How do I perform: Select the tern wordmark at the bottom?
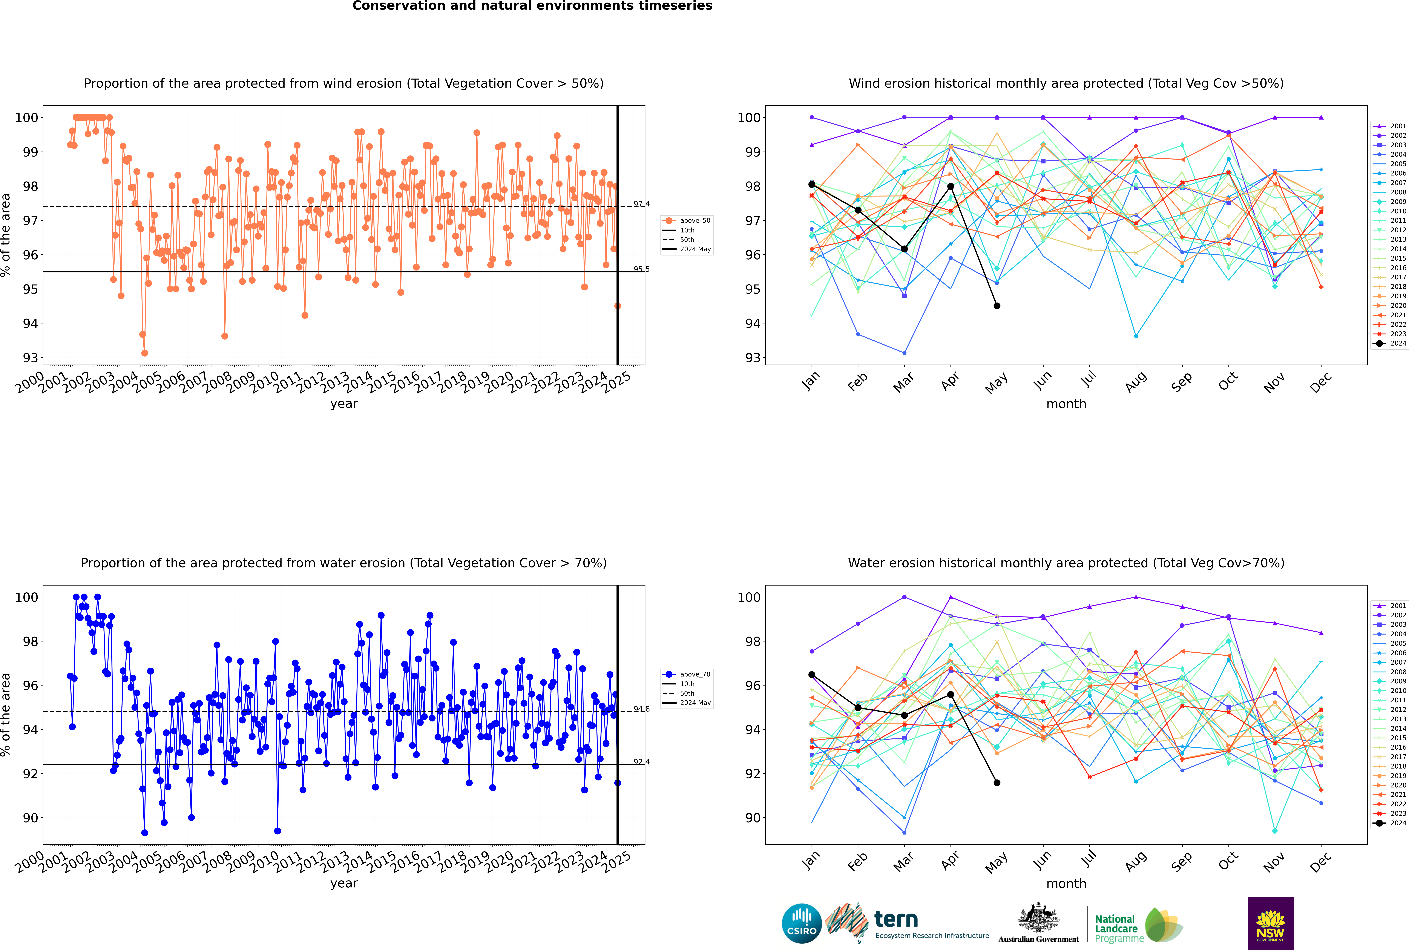(896, 920)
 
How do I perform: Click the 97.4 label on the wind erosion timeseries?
(641, 204)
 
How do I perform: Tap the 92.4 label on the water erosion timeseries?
(641, 762)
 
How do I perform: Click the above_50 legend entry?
(686, 221)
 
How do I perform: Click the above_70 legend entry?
(686, 674)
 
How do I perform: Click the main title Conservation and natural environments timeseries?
(532, 6)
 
